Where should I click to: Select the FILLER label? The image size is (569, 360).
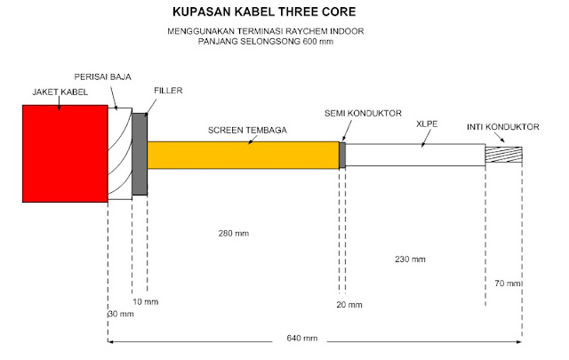click(169, 91)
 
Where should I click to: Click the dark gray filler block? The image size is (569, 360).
click(140, 154)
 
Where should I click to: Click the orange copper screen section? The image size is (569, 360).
click(242, 155)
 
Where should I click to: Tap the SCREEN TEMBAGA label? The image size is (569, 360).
click(246, 130)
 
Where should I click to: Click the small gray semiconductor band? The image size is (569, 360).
click(341, 155)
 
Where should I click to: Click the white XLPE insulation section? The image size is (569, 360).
click(414, 155)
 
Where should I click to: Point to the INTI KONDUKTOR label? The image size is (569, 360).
click(503, 127)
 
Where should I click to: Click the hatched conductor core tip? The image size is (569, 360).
click(503, 154)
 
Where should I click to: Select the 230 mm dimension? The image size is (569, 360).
click(410, 260)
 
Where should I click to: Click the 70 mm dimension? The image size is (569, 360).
click(507, 283)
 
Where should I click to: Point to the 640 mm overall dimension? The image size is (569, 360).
click(302, 338)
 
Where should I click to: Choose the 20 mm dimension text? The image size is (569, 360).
click(350, 305)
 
